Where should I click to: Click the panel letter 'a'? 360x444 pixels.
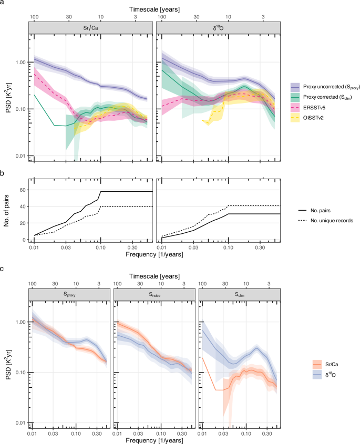coord(3,4)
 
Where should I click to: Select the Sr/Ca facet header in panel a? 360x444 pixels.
coord(91,27)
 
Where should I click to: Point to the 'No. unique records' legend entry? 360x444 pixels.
coord(321,220)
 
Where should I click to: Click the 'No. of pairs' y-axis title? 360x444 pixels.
coord(7,210)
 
